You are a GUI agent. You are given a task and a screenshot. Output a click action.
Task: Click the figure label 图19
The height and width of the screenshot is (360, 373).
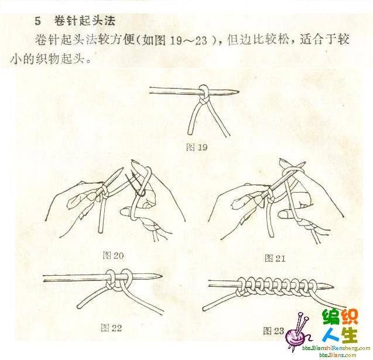click(x=197, y=148)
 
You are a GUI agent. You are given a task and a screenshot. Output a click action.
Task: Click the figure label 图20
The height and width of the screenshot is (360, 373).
click(x=113, y=255)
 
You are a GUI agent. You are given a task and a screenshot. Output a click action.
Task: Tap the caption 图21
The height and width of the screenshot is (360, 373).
click(x=275, y=258)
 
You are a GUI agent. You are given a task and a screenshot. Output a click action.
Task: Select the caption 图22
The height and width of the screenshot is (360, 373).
click(x=111, y=328)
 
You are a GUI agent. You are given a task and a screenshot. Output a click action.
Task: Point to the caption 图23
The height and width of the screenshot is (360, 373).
click(x=273, y=331)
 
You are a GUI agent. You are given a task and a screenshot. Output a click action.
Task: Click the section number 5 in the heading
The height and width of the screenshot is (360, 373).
click(x=38, y=21)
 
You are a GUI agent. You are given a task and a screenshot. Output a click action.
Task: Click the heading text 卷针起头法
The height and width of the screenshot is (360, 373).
click(x=85, y=20)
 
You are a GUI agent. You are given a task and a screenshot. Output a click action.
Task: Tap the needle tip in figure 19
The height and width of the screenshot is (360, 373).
click(x=238, y=91)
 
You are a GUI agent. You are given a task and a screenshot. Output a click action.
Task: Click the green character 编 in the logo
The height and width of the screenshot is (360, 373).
click(x=331, y=317)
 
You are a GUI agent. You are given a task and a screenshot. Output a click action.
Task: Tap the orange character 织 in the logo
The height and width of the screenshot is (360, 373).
click(x=350, y=317)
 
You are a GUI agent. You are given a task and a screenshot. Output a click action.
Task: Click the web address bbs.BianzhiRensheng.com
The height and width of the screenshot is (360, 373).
click(x=336, y=348)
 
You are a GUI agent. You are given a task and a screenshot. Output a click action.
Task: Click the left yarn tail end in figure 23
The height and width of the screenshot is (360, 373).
click(x=204, y=309)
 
